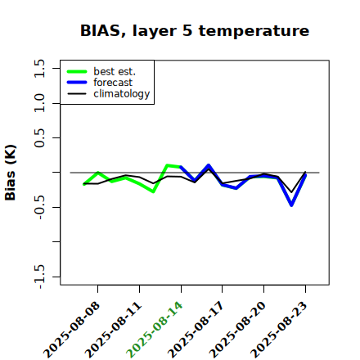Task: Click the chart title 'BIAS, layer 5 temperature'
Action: point(195,31)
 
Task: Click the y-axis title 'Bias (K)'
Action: point(11,173)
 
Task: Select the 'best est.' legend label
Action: point(115,71)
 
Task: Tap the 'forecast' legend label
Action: point(113,82)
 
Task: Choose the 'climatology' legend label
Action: point(122,94)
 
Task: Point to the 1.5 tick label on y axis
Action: point(39,68)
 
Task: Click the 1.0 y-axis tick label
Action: point(39,103)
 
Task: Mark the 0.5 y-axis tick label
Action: point(39,138)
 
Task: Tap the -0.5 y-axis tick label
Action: point(39,207)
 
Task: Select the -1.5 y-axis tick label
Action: point(39,277)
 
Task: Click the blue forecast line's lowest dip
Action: point(291,205)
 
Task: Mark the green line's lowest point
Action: point(153,191)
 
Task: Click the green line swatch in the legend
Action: point(77,71)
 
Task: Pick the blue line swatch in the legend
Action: point(77,83)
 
